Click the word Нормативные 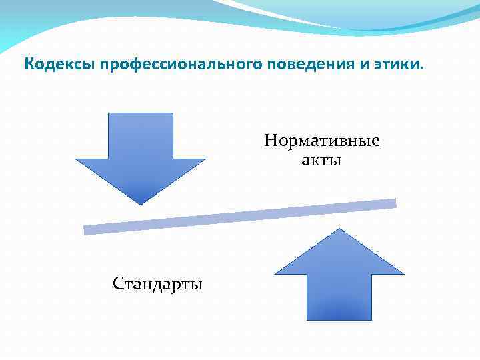(321, 141)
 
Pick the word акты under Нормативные (321, 160)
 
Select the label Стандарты (158, 285)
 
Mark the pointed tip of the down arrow (141, 203)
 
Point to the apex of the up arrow (339, 229)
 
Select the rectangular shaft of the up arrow (339, 297)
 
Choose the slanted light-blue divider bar (240, 217)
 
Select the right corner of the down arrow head (204, 159)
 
